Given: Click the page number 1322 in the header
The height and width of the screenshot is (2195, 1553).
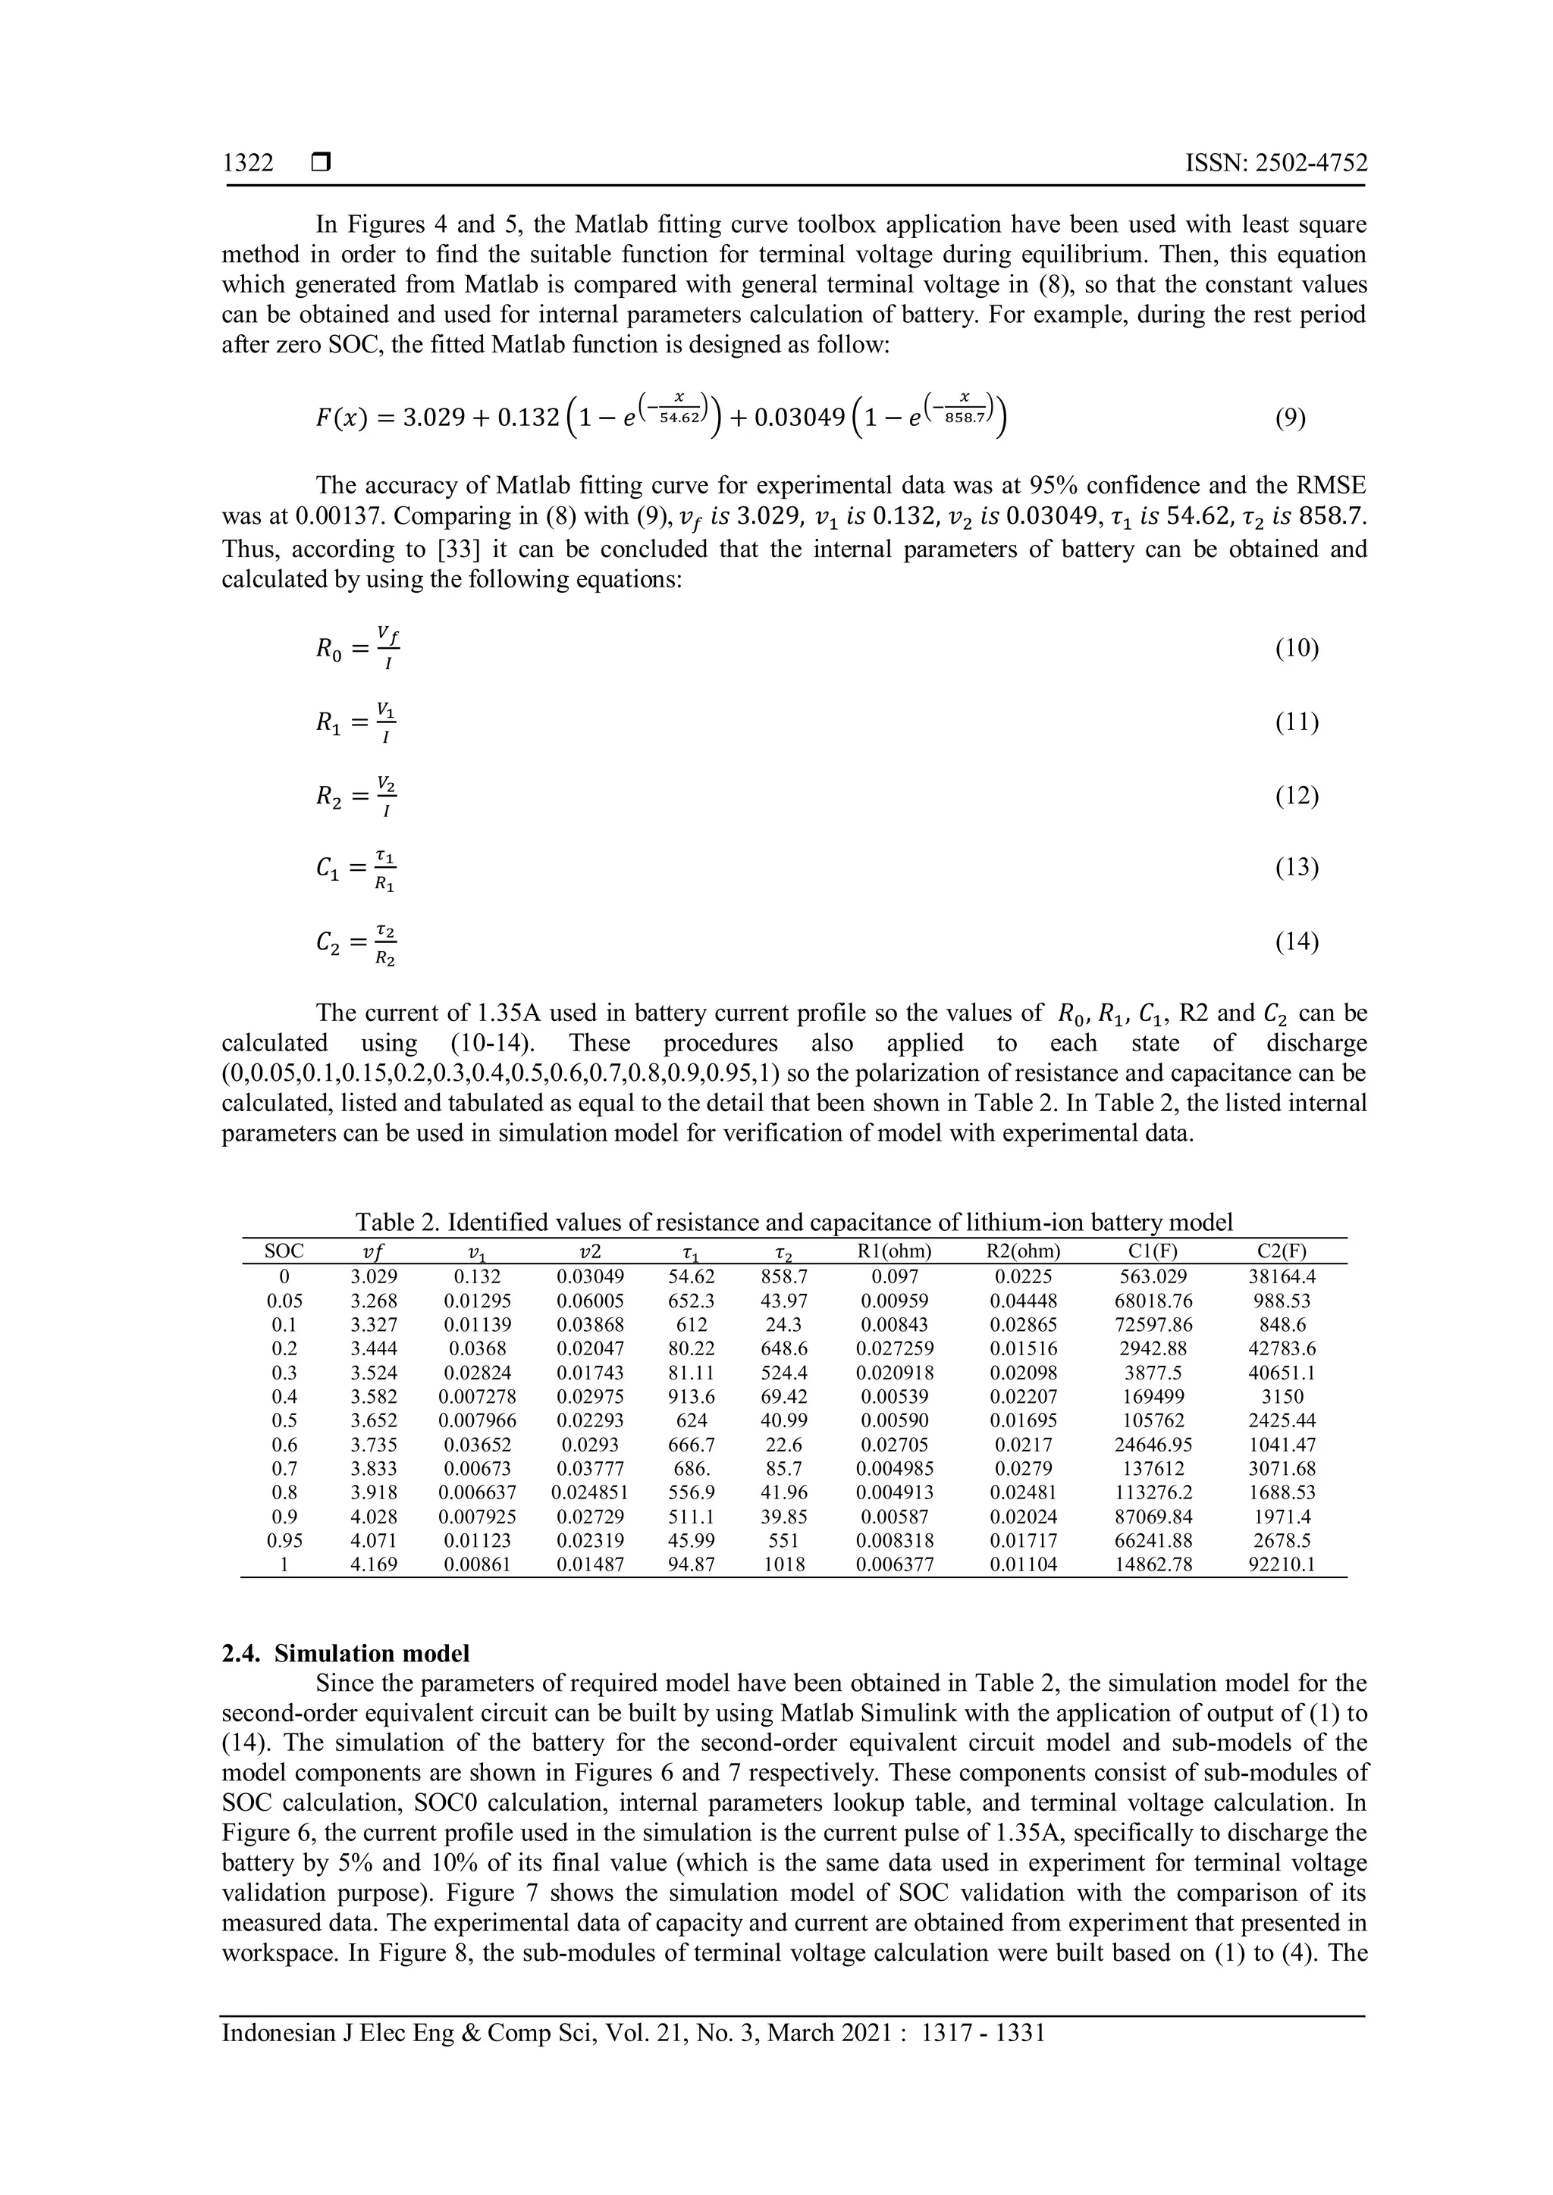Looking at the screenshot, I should point(248,164).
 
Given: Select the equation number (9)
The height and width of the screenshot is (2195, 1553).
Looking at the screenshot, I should point(1290,418).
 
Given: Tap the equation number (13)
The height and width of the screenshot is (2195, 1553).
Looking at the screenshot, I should point(1297,867).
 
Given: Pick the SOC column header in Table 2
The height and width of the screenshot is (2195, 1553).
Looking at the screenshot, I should point(284,1251).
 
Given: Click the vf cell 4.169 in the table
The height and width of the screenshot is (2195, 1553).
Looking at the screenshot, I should point(374,1565).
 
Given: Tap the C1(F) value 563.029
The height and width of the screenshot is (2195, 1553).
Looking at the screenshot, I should point(1153,1276).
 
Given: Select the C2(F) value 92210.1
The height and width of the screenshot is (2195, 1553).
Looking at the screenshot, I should point(1282,1565).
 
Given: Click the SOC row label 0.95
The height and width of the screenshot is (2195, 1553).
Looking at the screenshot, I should point(284,1541).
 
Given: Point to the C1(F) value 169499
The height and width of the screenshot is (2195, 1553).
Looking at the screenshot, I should point(1153,1397).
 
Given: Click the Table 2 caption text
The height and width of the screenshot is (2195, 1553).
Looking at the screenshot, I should point(794,1222).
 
